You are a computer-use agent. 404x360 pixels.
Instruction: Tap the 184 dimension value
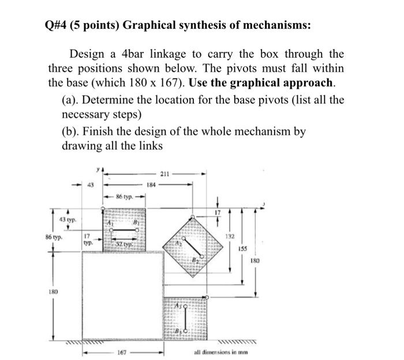(151, 185)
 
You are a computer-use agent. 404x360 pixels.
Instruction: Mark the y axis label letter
(98, 170)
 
